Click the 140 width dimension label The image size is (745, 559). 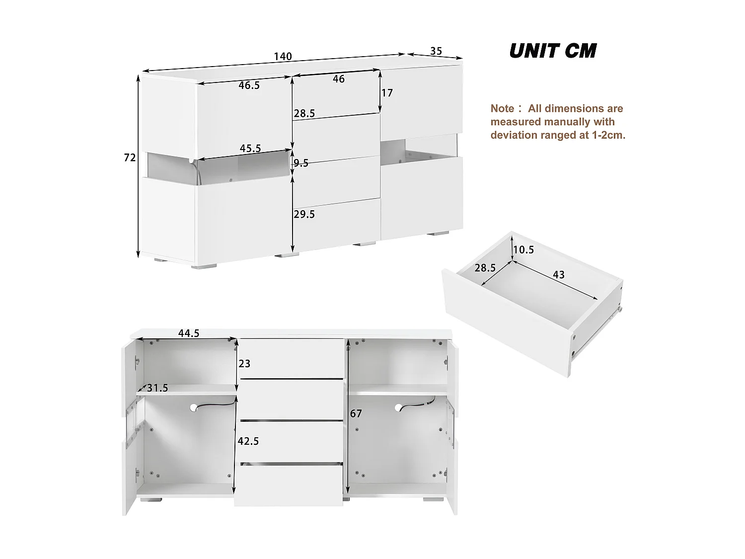point(283,56)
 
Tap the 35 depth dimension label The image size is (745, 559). point(436,51)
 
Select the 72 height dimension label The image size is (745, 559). point(130,158)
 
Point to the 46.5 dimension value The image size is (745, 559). point(249,85)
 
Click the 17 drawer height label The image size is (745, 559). point(387,93)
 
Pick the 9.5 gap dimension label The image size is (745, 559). point(301,163)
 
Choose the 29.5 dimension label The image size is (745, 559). point(304,214)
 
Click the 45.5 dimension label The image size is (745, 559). point(250,149)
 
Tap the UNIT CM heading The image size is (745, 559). point(552,51)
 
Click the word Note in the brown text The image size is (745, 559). point(502,108)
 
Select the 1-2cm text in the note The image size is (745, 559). point(608,135)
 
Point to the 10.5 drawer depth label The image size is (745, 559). point(523,249)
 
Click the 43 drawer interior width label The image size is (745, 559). point(558,274)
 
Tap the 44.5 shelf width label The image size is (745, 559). point(189,333)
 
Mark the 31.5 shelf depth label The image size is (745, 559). point(157,388)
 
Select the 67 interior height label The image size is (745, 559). point(356,413)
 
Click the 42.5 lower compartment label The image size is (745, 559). point(248,441)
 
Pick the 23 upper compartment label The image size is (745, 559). point(244,364)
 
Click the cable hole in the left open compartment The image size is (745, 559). point(194,407)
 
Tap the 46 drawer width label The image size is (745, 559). point(338,79)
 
